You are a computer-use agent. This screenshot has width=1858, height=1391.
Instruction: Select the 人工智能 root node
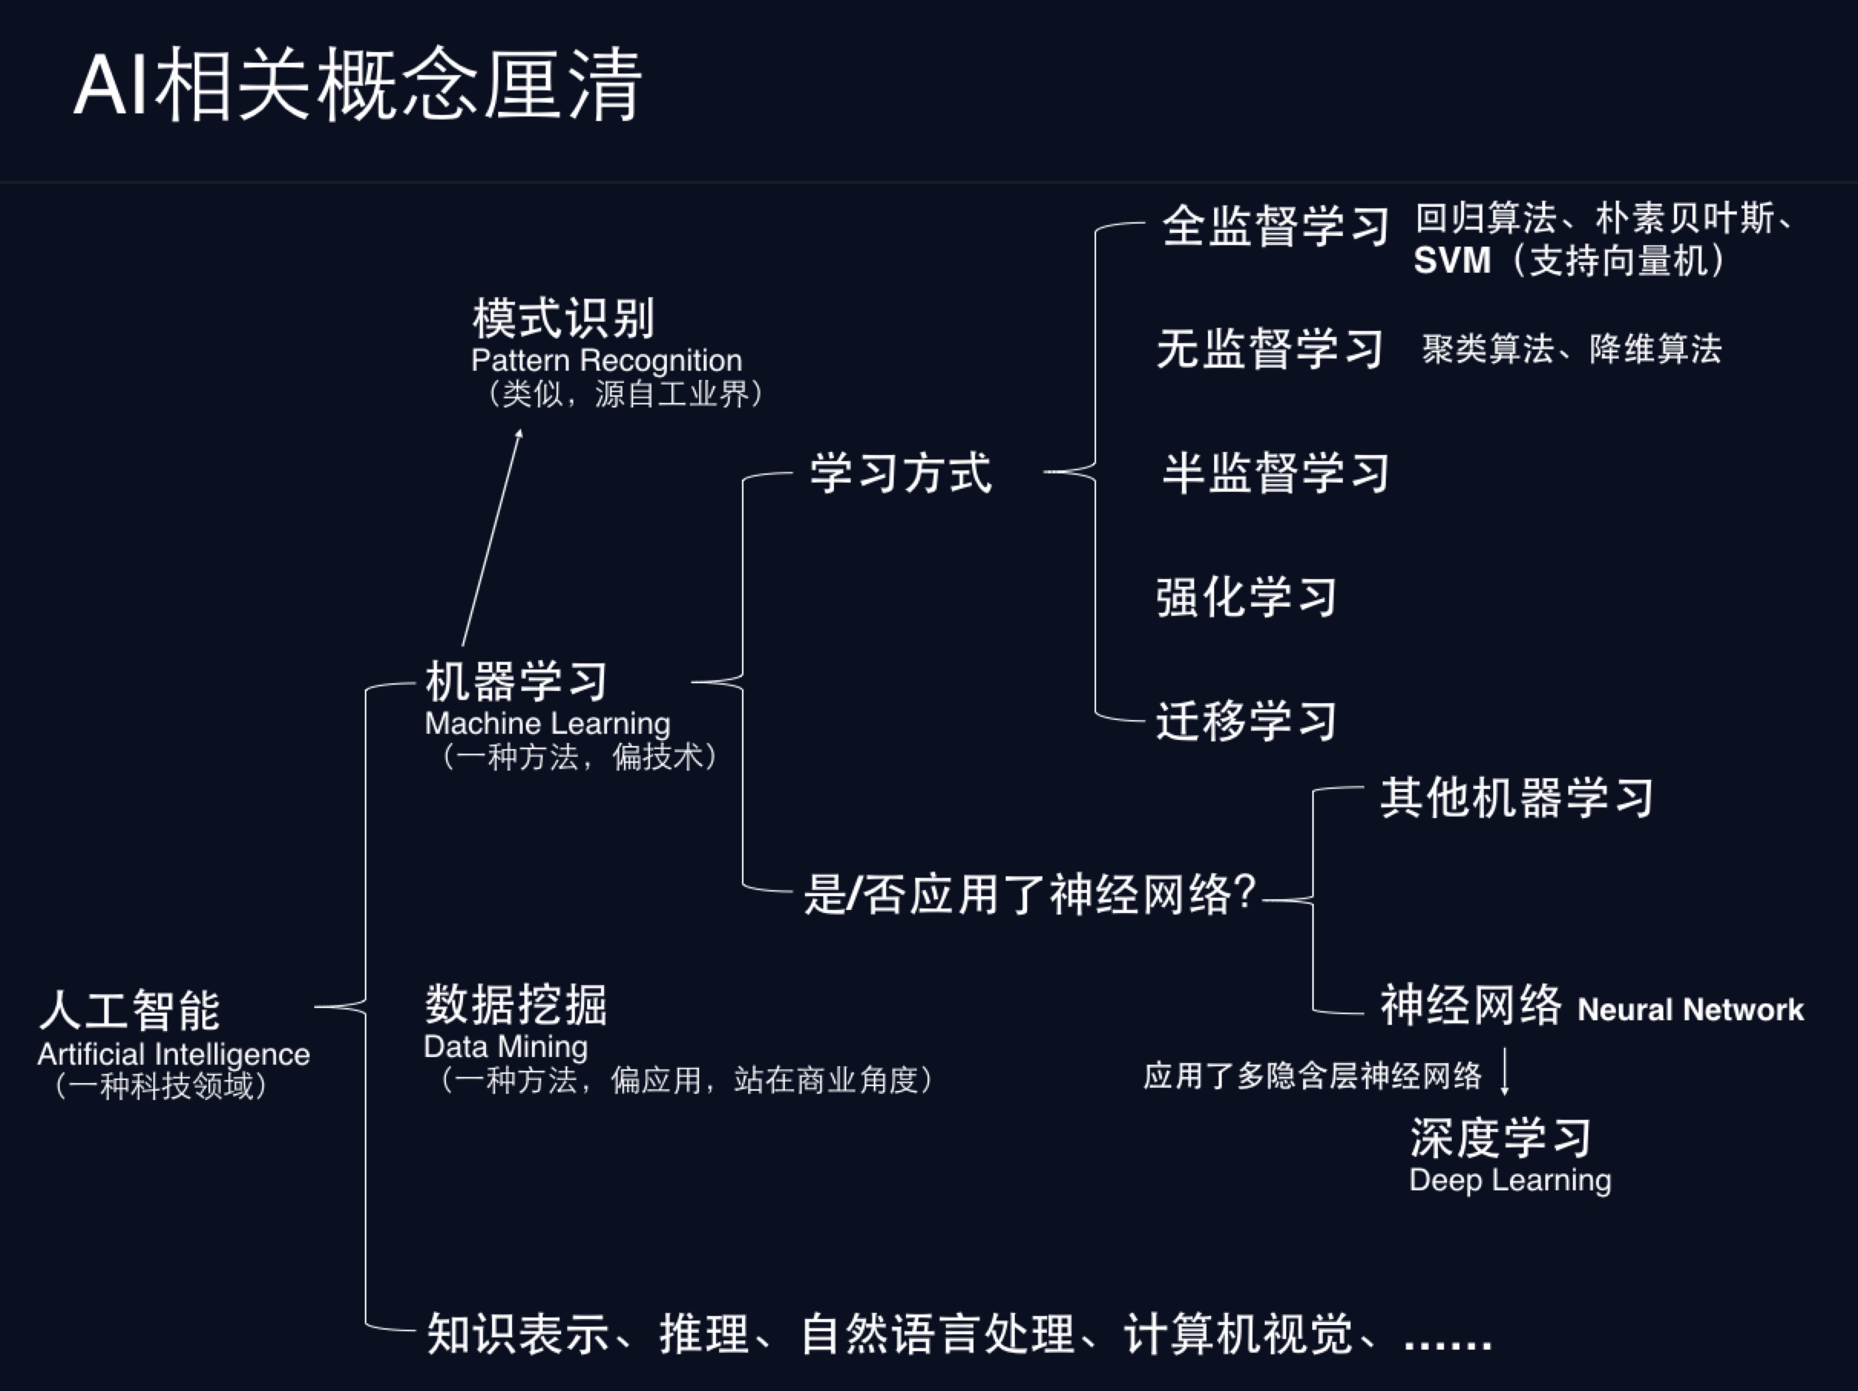coord(130,1010)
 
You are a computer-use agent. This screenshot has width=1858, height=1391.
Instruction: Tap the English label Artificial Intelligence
coord(173,1055)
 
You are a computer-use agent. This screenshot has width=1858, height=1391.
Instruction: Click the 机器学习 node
coord(516,681)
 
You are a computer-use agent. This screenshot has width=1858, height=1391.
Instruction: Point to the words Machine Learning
coord(547,724)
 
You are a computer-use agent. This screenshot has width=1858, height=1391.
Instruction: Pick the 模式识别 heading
coord(563,319)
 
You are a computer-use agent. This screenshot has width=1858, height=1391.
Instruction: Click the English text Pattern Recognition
coord(606,361)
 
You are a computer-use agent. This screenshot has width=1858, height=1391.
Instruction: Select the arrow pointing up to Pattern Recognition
coord(492,537)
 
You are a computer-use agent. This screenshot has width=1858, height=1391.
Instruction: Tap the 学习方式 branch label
coord(901,473)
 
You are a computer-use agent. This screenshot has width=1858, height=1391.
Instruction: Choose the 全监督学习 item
coord(1275,227)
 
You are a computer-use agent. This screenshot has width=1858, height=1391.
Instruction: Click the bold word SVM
coord(1452,261)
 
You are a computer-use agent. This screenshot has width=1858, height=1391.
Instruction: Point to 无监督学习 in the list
coord(1270,349)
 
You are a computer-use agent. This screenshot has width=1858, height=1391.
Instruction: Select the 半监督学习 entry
coord(1275,473)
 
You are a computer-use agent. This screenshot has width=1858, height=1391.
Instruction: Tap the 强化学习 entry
coord(1246,597)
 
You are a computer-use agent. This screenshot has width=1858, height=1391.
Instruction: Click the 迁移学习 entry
coord(1246,721)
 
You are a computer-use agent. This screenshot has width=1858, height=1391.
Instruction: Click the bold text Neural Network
coord(1690,1010)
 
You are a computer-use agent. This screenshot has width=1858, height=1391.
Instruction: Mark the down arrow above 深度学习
coord(1505,1070)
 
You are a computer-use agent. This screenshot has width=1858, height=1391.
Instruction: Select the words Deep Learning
coord(1510,1180)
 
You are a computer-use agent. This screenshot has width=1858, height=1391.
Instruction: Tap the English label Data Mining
coord(506,1047)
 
